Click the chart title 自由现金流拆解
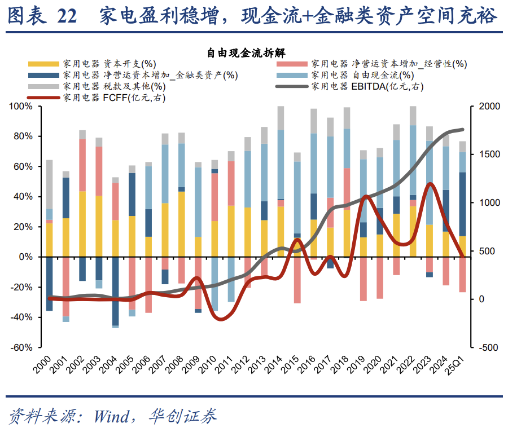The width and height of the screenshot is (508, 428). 253,53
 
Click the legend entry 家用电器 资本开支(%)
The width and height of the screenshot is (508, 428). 110,64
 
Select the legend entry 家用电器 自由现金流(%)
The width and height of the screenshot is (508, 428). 361,75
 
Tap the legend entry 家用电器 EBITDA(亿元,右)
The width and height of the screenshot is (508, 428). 366,86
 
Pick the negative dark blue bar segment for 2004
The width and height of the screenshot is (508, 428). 115,291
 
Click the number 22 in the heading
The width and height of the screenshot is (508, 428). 67,16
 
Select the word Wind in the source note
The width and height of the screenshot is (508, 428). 111,416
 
